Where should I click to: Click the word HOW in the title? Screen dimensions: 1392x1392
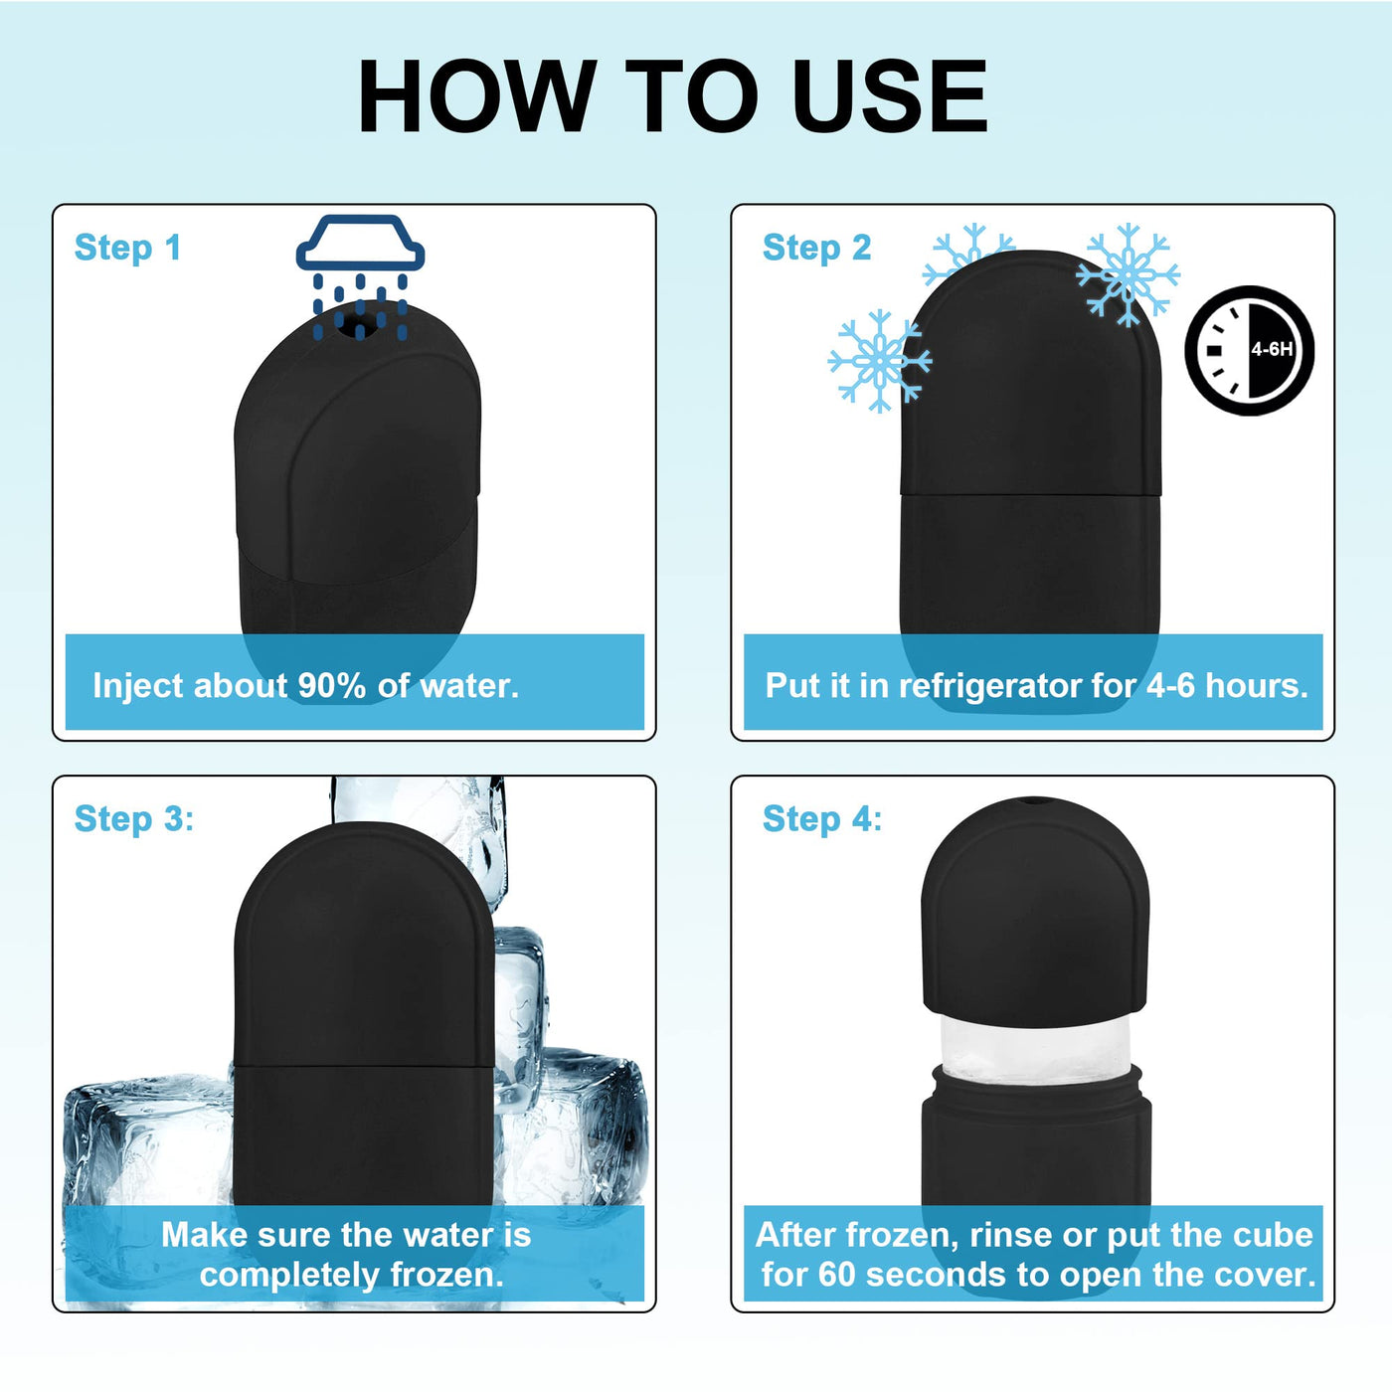coord(477,96)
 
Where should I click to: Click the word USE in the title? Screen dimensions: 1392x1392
coord(889,96)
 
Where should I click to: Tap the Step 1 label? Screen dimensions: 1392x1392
coord(127,248)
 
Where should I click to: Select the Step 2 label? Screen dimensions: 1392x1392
coord(817,248)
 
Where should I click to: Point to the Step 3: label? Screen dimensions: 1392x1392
coord(134,819)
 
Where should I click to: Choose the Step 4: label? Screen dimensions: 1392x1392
coord(823,819)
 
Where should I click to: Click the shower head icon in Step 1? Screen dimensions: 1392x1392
coord(360,276)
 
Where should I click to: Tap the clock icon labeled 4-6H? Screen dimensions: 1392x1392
coord(1249,350)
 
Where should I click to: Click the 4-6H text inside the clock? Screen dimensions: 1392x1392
coord(1272,350)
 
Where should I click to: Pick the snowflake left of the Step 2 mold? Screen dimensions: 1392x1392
coord(880,361)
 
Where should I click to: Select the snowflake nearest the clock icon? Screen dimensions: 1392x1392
coord(1128,275)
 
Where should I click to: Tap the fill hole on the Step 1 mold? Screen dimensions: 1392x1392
coord(360,327)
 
